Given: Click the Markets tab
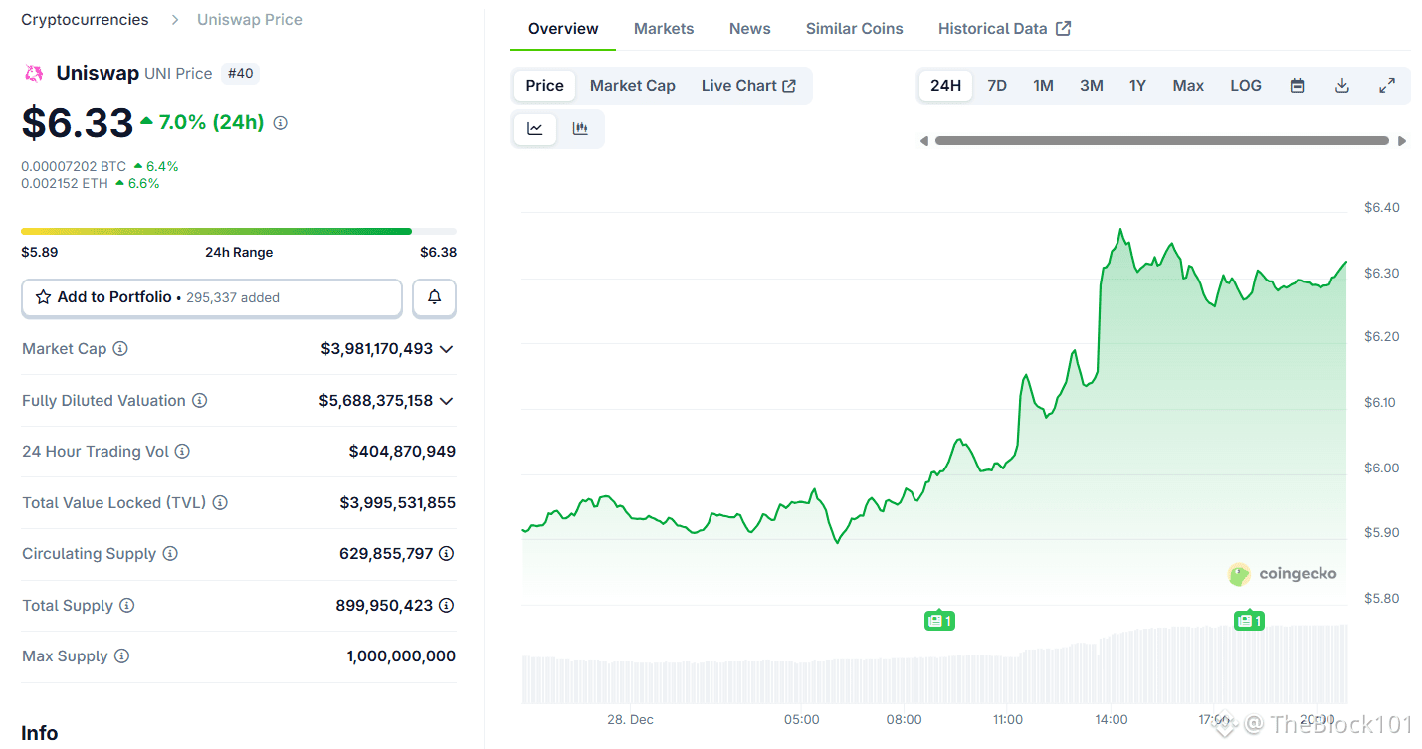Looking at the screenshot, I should [663, 29].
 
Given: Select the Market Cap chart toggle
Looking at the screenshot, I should [632, 86].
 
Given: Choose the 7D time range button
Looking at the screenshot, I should [996, 86].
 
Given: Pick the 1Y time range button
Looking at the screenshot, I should [1137, 86].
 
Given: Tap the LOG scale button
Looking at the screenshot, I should [1245, 86].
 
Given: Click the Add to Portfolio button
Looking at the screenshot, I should [211, 297].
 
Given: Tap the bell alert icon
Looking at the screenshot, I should [434, 297].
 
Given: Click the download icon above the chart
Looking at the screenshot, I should [1341, 86].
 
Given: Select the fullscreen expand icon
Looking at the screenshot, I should [1386, 86].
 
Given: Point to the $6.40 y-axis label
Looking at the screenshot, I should [1381, 208].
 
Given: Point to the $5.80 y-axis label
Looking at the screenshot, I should [1381, 599].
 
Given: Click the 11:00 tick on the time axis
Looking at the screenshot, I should [1007, 719].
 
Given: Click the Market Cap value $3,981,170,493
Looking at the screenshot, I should [377, 349].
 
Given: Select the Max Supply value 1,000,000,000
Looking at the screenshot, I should [401, 656].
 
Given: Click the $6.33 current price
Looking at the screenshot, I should [78, 123].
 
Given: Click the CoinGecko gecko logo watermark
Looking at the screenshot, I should [1239, 574].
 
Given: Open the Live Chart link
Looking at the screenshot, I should [747, 86].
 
